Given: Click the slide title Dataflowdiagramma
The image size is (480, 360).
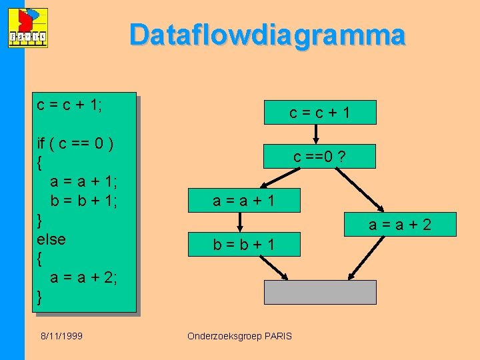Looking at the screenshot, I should (x=267, y=35).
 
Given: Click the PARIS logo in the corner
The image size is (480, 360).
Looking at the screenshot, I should (x=29, y=28).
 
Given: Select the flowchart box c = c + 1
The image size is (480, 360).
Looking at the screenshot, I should (x=320, y=113).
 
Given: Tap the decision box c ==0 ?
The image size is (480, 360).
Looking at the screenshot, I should (x=320, y=157).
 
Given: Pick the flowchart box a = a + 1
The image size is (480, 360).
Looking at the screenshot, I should (x=244, y=200).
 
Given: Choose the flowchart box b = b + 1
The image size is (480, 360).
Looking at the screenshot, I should (x=244, y=245).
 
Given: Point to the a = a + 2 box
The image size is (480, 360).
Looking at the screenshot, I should (x=400, y=225).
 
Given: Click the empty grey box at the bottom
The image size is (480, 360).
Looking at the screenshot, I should (x=320, y=292).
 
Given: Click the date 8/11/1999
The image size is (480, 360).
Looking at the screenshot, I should (x=60, y=336).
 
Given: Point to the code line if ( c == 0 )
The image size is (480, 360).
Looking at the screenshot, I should (x=75, y=143).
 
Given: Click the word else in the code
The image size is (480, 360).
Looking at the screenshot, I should (x=51, y=238).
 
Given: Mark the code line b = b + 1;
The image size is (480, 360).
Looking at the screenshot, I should (x=84, y=200).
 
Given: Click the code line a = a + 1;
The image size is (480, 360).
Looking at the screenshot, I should (x=84, y=181).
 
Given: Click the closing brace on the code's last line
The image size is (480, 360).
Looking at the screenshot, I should (x=40, y=295).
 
